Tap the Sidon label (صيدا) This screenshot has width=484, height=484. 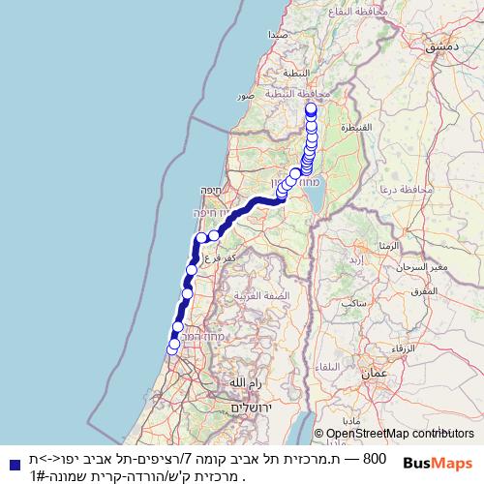coord(278,35)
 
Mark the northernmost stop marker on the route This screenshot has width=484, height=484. coord(311,109)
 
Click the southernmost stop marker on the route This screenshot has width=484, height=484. coord(173,346)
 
